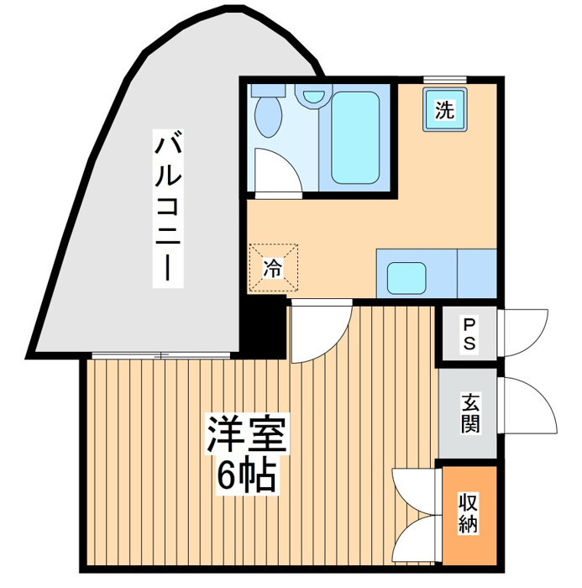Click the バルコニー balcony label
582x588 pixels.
168,208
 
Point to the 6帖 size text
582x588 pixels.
247,475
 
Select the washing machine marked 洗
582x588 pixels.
445,109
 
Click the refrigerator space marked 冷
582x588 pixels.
274,267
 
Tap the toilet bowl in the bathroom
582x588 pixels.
269,117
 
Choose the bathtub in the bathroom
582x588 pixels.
355,138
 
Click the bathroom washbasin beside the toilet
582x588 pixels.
313,97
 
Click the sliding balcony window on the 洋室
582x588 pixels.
161,355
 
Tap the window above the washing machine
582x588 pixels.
445,80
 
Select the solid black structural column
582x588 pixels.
263,327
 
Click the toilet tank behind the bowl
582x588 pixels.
269,90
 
